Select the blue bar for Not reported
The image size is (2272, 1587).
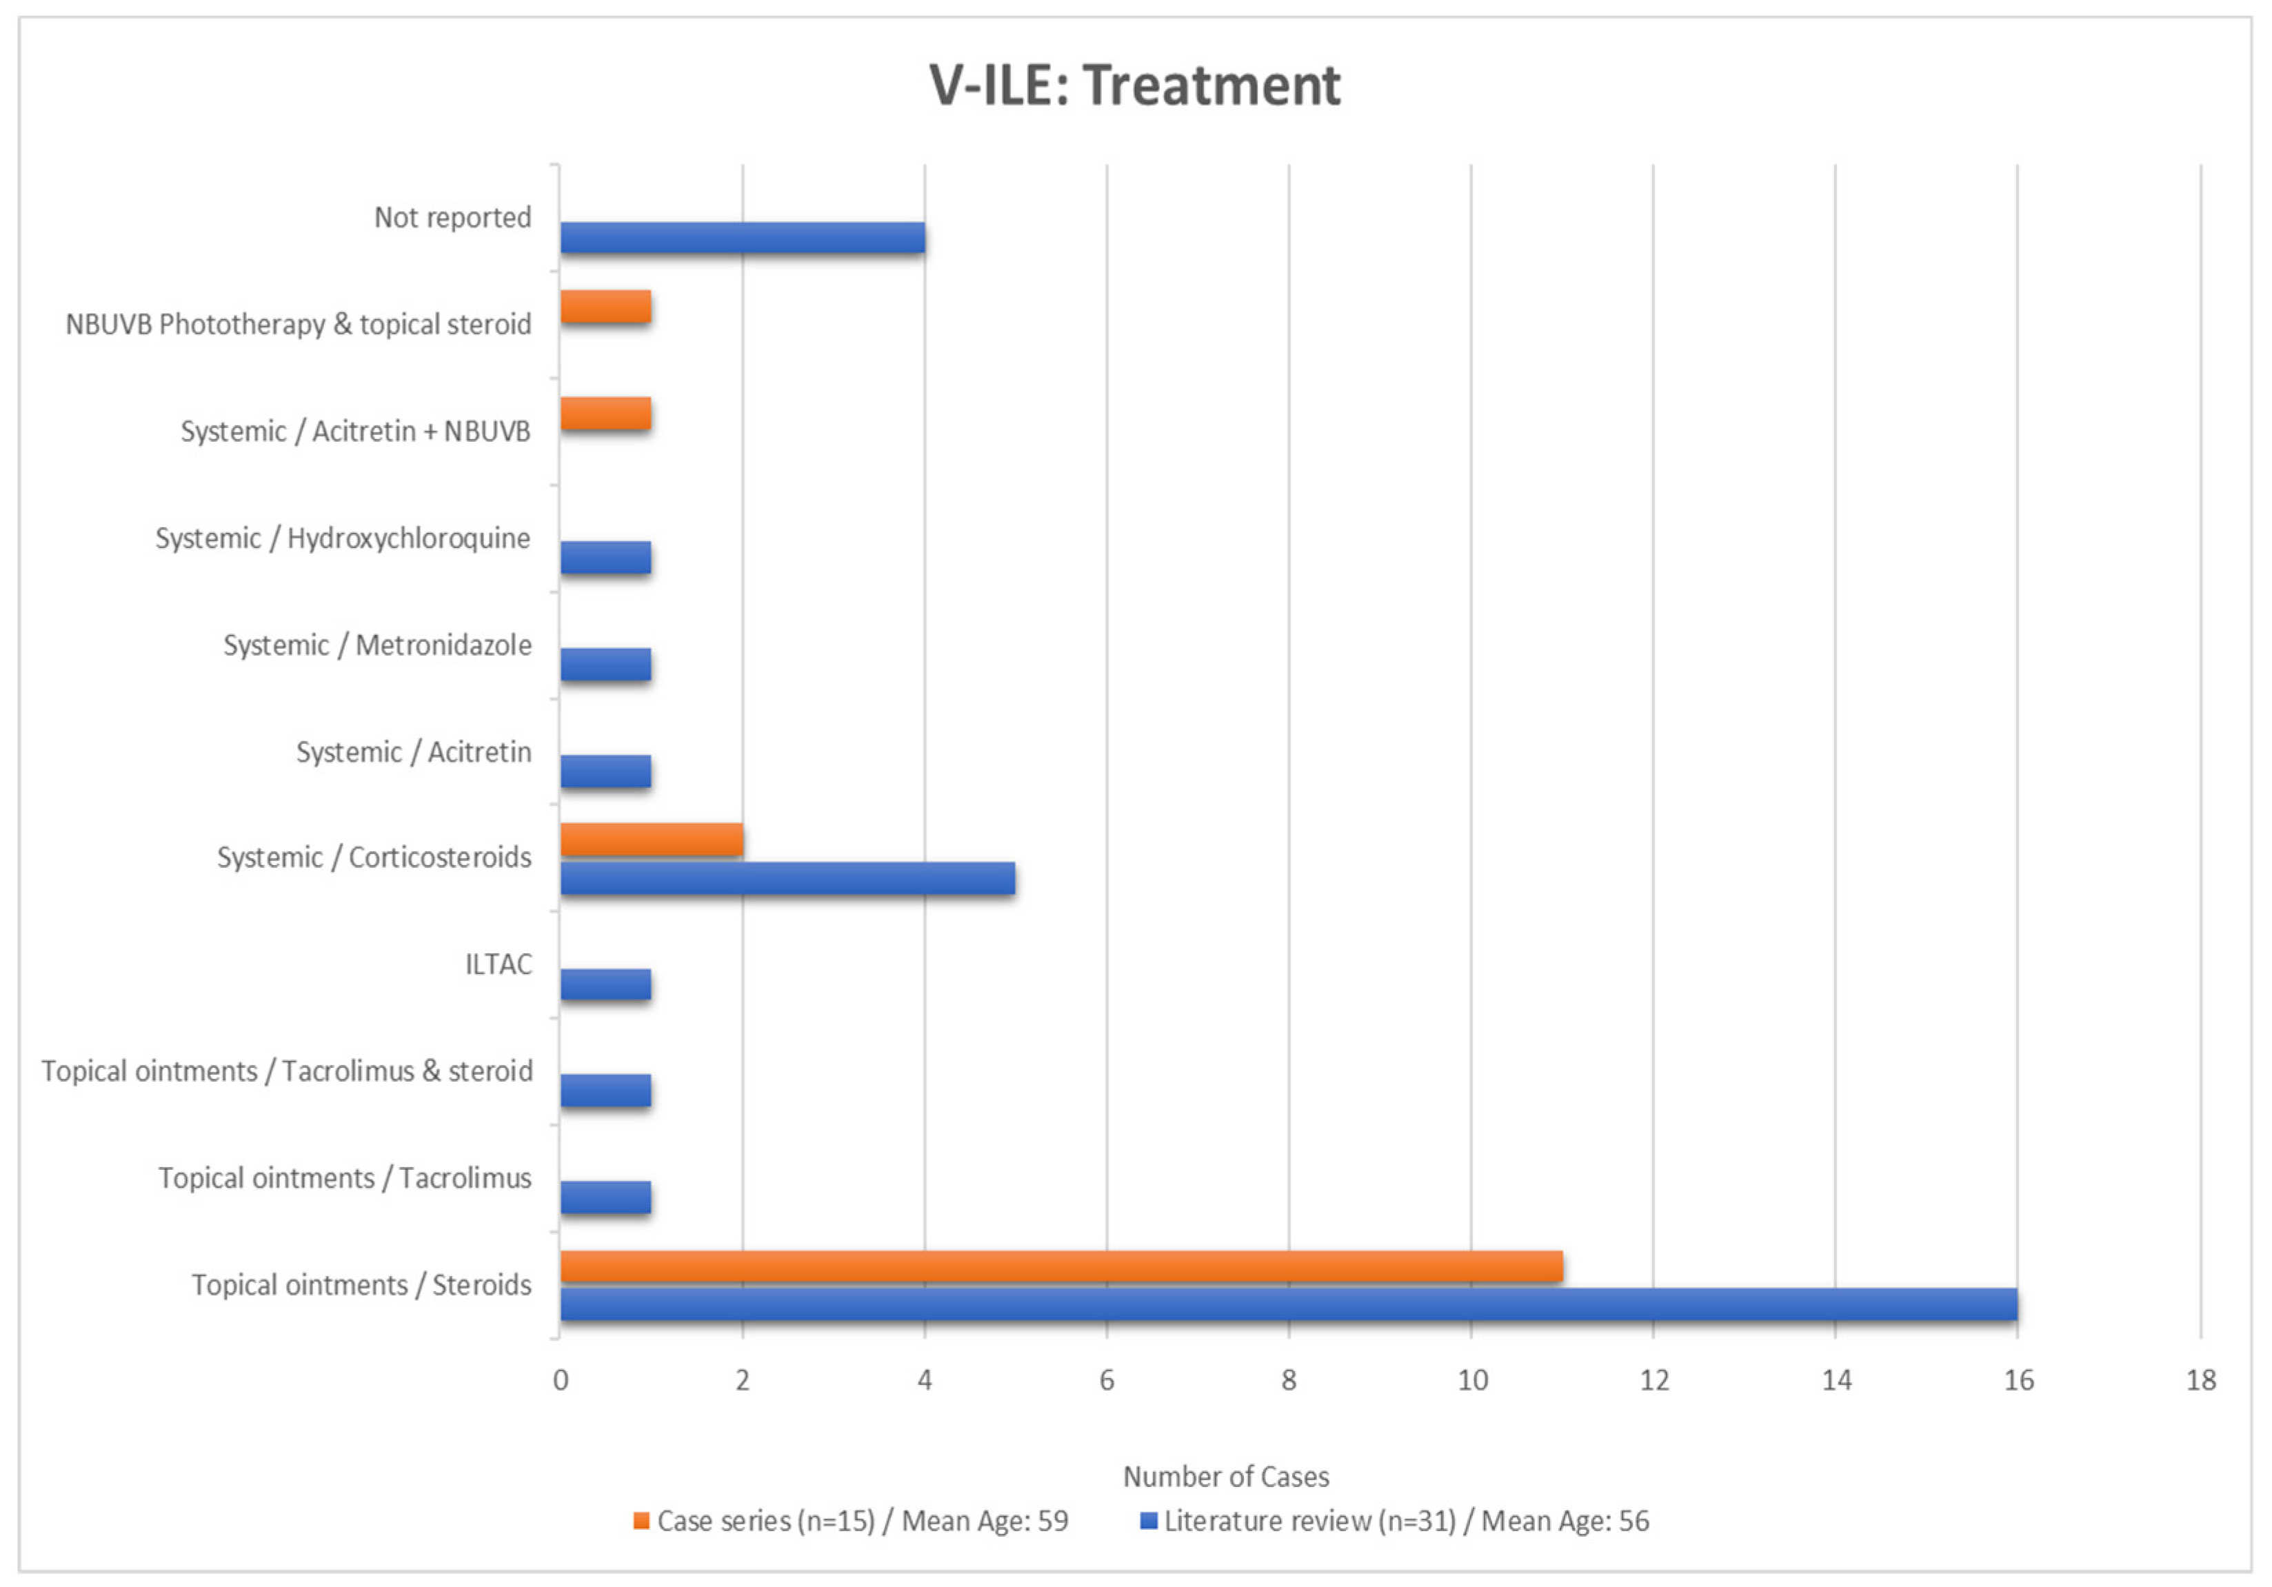coord(742,237)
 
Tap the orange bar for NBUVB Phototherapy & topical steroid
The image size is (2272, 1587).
coord(605,307)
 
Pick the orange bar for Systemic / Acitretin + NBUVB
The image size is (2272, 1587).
coord(605,414)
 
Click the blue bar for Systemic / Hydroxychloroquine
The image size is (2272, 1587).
coord(605,558)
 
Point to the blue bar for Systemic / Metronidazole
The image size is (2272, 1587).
coord(605,665)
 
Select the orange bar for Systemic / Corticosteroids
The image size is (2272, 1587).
coord(651,840)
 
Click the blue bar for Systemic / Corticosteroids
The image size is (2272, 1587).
coord(787,878)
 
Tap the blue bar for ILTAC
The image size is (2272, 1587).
coord(605,984)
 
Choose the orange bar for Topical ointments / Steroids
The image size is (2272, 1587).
coord(1060,1266)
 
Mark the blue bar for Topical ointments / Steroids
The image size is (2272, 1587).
coord(1289,1305)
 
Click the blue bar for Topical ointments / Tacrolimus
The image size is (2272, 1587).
coord(605,1198)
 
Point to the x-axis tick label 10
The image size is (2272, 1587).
coord(1472,1380)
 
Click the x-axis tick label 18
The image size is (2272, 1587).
coord(2201,1380)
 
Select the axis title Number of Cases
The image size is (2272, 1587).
coord(1226,1476)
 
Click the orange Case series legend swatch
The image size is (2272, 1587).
coord(641,1521)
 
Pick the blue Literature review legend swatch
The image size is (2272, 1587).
coord(1149,1521)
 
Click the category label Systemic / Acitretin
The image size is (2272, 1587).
coord(414,752)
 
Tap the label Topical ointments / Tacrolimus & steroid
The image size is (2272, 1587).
coord(287,1071)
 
